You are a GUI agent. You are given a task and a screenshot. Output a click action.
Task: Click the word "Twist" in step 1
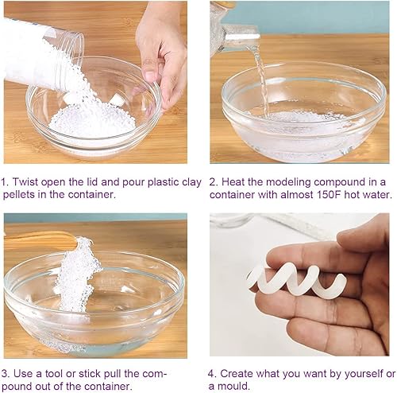click(25, 182)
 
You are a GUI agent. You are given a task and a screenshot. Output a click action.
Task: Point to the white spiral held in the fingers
click(296, 282)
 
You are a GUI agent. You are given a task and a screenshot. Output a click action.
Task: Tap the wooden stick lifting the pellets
click(40, 239)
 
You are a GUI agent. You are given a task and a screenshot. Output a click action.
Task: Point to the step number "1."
click(5, 182)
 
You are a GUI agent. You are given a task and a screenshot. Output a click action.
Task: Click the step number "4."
click(212, 374)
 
